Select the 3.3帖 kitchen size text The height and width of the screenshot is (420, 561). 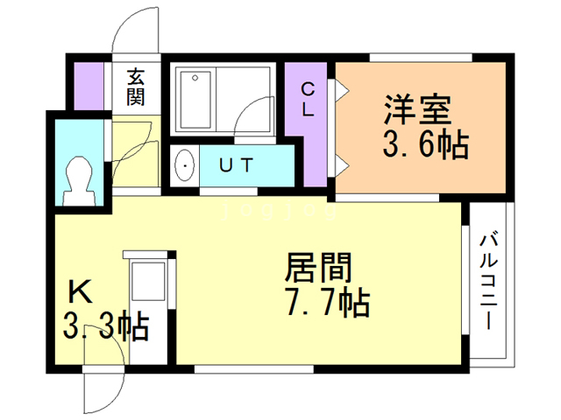(103, 327)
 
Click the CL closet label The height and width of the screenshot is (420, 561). (308, 101)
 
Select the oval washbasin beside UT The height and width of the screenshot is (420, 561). (185, 164)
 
